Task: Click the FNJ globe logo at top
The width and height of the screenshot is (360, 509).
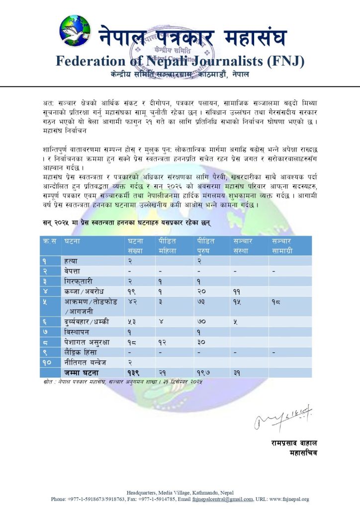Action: [x=75, y=30]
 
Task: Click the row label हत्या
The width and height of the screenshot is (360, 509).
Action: [x=71, y=260]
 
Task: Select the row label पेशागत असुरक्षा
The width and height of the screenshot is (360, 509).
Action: [x=86, y=342]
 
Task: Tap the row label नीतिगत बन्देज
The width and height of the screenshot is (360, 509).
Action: [x=84, y=363]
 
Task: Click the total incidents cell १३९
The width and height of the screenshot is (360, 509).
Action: [x=133, y=373]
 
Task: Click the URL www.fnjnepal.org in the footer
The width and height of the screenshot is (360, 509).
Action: [x=289, y=499]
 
